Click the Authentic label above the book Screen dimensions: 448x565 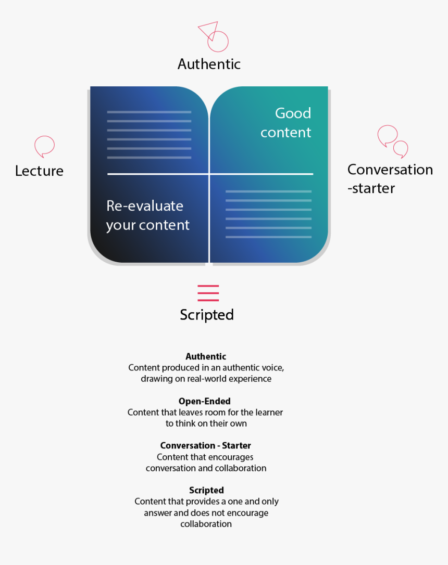pyautogui.click(x=209, y=64)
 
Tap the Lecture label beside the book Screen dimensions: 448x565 pyautogui.click(x=39, y=171)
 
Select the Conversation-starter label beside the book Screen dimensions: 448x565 pyautogui.click(x=390, y=179)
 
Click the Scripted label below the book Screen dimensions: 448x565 pyautogui.click(x=207, y=315)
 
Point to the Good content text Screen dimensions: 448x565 pyautogui.click(x=285, y=123)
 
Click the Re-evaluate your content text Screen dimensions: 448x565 pyautogui.click(x=147, y=215)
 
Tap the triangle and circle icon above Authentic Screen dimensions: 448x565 pyautogui.click(x=214, y=36)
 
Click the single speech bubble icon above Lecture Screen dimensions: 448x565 pyautogui.click(x=44, y=147)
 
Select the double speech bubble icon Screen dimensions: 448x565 pyautogui.click(x=393, y=142)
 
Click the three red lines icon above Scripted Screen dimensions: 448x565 pyautogui.click(x=208, y=293)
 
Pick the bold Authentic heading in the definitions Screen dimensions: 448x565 pyautogui.click(x=206, y=356)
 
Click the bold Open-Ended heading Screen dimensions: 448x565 pyautogui.click(x=205, y=401)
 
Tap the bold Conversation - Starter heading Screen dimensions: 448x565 pyautogui.click(x=206, y=446)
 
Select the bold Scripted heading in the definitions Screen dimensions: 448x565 pyautogui.click(x=206, y=491)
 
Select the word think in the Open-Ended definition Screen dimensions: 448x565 pyautogui.click(x=185, y=423)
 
